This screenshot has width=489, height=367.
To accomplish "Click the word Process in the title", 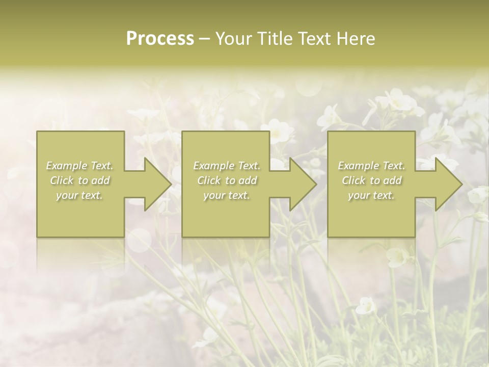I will tap(160, 39).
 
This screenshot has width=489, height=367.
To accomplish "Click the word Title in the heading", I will tap(276, 39).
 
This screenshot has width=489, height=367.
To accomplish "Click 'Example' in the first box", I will tap(66, 166).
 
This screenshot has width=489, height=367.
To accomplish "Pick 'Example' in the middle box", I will tap(213, 166).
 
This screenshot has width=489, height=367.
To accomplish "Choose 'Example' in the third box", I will tap(358, 166).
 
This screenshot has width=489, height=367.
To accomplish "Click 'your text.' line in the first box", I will tap(79, 195).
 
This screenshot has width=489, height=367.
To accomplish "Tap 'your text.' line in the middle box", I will tap(227, 195).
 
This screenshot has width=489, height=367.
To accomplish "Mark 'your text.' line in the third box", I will tap(371, 195).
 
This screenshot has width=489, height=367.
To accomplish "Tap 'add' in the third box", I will tap(392, 180).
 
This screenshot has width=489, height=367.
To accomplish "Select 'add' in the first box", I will tap(100, 180).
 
